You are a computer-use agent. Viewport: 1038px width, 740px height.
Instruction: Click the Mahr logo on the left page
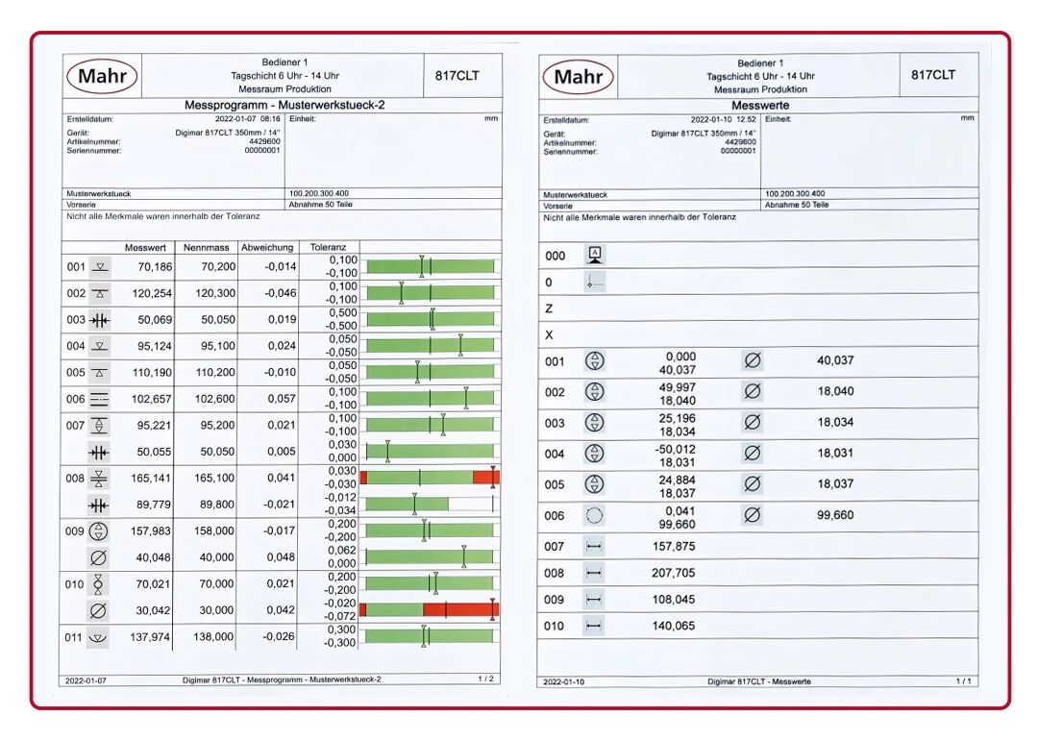[102, 76]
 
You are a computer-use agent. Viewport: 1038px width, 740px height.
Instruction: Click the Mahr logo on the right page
[578, 77]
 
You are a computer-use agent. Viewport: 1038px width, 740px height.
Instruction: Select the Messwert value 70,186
[155, 267]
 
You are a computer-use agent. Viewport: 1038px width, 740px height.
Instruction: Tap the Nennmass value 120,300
[215, 293]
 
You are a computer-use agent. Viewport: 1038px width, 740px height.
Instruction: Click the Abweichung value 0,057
[282, 399]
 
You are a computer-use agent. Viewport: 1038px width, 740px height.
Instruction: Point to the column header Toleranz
[328, 248]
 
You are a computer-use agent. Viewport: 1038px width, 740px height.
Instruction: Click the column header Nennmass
[206, 248]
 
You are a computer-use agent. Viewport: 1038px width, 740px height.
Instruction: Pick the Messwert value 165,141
[151, 478]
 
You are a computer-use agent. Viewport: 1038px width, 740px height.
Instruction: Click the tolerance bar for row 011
[429, 637]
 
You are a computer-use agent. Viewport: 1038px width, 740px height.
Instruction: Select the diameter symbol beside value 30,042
[98, 610]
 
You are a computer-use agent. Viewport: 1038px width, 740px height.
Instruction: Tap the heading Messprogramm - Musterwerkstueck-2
[284, 106]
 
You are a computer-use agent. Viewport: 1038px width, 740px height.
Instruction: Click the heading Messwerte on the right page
[760, 106]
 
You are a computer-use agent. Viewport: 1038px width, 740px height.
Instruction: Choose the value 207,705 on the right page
[673, 573]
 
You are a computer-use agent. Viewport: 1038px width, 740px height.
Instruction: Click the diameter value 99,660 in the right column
[835, 515]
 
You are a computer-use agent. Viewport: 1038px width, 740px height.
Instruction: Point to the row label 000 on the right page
[555, 257]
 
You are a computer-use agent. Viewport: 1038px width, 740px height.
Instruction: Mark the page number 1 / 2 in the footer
[486, 679]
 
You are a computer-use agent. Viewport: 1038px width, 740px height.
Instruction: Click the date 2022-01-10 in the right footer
[564, 681]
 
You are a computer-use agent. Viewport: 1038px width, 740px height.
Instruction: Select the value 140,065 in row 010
[673, 627]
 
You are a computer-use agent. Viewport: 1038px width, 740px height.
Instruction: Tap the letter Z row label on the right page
[549, 309]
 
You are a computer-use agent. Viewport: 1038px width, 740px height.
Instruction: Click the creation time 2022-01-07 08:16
[248, 119]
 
